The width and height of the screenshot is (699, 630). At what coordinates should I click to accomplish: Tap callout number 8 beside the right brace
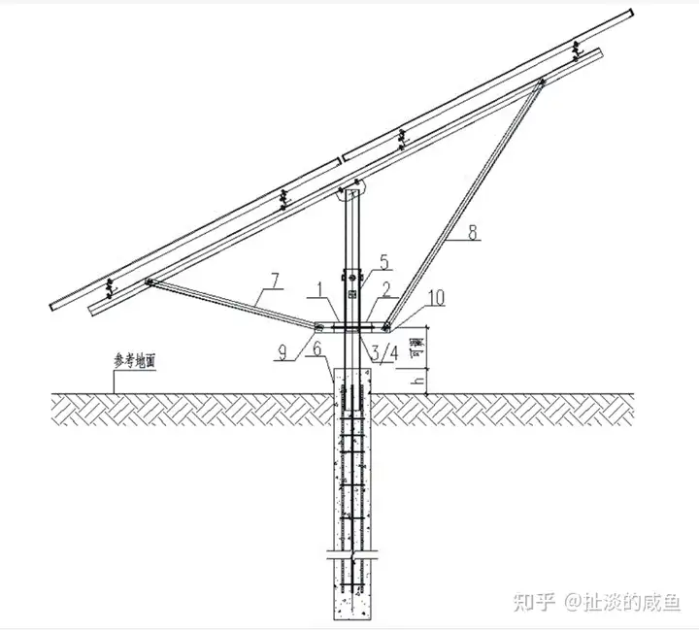pos(473,233)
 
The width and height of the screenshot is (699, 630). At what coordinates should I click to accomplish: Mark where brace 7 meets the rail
pos(150,282)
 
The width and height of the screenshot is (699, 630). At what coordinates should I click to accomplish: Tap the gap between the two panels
pos(341,156)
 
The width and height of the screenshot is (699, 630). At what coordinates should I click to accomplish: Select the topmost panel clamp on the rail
pos(577,48)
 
